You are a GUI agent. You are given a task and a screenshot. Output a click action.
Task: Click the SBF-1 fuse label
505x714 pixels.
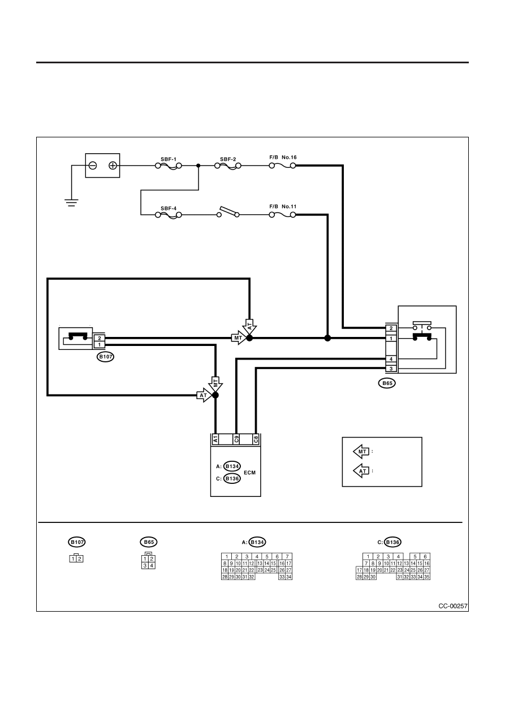point(169,159)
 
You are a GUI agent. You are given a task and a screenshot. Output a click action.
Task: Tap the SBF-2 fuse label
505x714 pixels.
point(228,159)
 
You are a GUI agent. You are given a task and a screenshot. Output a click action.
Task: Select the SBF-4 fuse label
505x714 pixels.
point(169,209)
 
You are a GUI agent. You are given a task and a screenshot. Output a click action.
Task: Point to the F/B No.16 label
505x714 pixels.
point(283,157)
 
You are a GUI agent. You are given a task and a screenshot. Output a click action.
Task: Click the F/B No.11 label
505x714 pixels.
point(283,206)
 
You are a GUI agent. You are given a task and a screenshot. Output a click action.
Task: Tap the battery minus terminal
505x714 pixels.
point(93,166)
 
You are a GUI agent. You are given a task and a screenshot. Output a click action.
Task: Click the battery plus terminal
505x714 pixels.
point(113,166)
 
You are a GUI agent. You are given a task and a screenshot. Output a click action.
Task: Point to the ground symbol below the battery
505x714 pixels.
point(71,203)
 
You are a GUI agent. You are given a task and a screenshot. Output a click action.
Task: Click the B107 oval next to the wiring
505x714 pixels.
point(106,357)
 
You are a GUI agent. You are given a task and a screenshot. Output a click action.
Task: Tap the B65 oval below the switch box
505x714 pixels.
point(387,383)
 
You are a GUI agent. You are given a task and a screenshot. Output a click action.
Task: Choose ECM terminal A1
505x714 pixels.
point(215,439)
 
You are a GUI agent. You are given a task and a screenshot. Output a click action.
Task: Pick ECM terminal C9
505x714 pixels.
point(236,439)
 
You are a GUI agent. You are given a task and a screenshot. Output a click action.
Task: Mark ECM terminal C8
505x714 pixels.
point(256,439)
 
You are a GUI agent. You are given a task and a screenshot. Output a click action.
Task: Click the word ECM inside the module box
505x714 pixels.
point(249,473)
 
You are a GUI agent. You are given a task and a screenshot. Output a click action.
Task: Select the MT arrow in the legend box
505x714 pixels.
point(361,451)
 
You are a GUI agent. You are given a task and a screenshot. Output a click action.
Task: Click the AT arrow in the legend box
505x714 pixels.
point(361,471)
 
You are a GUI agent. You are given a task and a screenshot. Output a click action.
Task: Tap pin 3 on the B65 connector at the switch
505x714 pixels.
point(391,369)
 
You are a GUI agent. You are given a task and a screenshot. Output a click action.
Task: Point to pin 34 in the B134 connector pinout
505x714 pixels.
point(289,577)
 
